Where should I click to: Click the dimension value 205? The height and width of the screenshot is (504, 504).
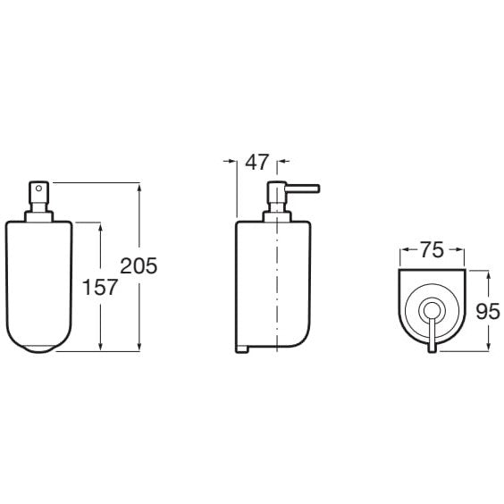pos(139,265)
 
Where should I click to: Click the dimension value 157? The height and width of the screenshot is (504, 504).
pos(100,287)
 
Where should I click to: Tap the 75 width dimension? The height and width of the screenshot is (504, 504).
pos(432,249)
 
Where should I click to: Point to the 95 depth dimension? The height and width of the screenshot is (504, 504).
pos(488,311)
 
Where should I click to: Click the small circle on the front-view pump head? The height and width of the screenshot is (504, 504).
pos(38,189)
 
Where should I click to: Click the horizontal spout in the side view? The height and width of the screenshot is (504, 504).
pos(302,189)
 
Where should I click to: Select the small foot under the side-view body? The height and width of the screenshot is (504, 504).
pos(241,349)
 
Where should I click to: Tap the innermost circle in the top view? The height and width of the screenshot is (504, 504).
pos(431,311)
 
